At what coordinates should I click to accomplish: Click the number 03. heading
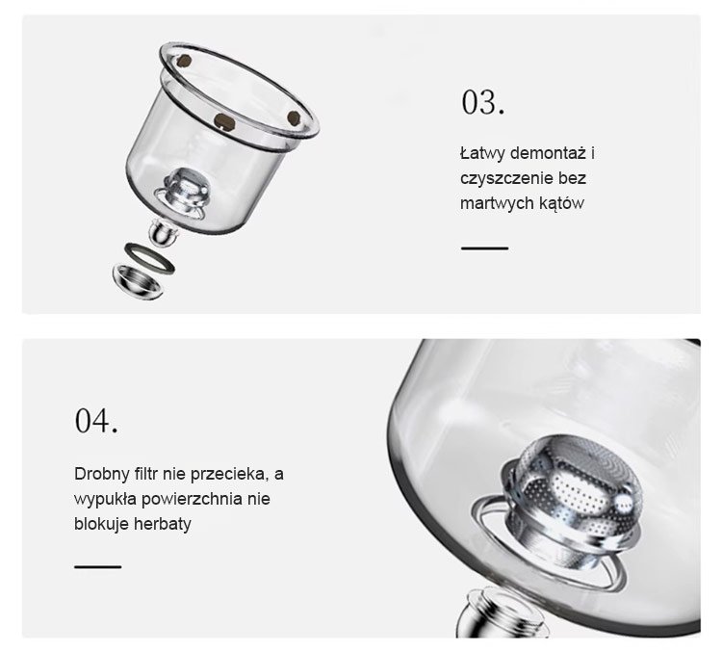coord(483,102)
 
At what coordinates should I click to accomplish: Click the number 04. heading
coord(95,420)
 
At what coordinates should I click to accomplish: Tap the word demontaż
coord(549,153)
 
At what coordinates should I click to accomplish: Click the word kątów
coord(562,203)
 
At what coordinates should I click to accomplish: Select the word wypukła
coord(106,499)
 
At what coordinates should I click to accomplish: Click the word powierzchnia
coord(192,499)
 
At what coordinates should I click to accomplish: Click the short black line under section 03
coord(485,248)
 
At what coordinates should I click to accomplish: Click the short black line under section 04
coord(98,566)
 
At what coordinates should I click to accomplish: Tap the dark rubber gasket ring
coord(149,258)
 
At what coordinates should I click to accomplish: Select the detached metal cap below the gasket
coord(138,282)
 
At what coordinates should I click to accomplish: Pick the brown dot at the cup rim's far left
coord(184,61)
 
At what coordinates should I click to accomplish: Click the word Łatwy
coord(482,153)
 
